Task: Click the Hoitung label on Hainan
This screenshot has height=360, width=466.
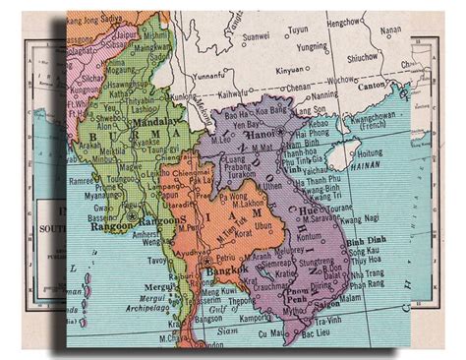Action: [374, 152]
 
